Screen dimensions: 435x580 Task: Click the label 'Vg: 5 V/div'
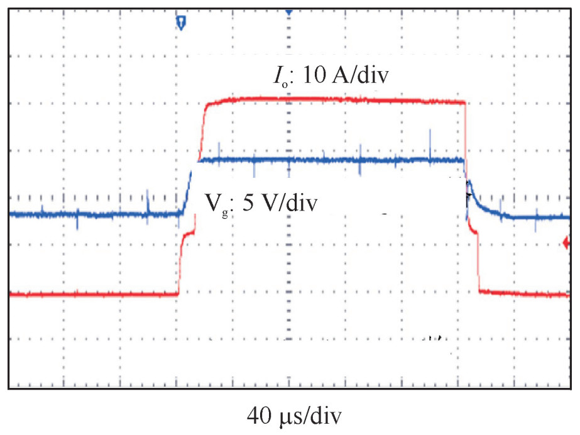point(260,204)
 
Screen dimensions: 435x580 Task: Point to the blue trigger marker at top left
point(182,23)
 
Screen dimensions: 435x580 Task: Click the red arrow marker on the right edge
point(567,242)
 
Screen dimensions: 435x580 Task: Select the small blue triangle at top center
point(288,12)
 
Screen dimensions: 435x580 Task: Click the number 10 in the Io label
point(312,77)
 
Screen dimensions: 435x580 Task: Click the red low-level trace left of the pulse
point(94,294)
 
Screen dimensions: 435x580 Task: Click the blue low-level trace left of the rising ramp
point(94,214)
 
